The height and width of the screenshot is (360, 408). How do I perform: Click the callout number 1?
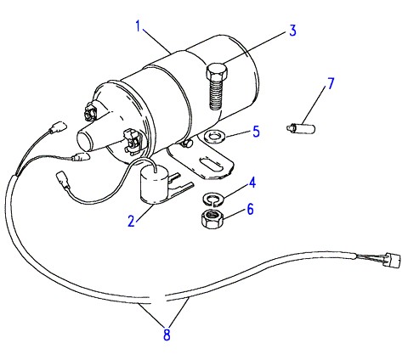(x=138, y=26)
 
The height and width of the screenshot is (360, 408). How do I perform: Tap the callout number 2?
(x=131, y=221)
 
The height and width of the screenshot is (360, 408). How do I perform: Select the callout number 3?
(x=292, y=31)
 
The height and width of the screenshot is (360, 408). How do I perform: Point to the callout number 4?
(x=252, y=183)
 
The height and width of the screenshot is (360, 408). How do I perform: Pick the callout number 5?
(x=256, y=132)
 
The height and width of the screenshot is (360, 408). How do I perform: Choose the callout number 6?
(x=250, y=210)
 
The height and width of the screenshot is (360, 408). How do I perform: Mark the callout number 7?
(x=331, y=83)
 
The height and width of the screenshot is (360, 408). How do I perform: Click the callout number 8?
(x=167, y=335)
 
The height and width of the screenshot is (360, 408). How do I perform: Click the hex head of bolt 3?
(x=217, y=72)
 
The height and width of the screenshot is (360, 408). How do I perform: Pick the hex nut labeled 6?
(x=212, y=219)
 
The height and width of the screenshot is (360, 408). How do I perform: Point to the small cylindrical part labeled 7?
(x=301, y=127)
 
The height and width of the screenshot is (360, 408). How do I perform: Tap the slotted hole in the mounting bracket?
(x=211, y=165)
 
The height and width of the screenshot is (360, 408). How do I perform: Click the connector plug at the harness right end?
(x=394, y=260)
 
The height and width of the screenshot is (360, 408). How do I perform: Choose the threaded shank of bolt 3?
(x=216, y=95)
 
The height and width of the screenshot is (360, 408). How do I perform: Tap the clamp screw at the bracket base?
(x=186, y=143)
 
